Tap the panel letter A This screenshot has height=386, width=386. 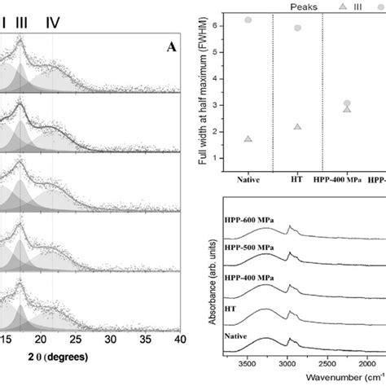(x=171, y=47)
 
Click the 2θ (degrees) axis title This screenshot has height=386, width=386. (x=55, y=357)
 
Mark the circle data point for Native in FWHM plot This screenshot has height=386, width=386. (x=248, y=20)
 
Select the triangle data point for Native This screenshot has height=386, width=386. (x=248, y=139)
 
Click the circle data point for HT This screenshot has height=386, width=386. (x=298, y=28)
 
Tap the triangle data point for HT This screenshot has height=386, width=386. (x=298, y=127)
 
